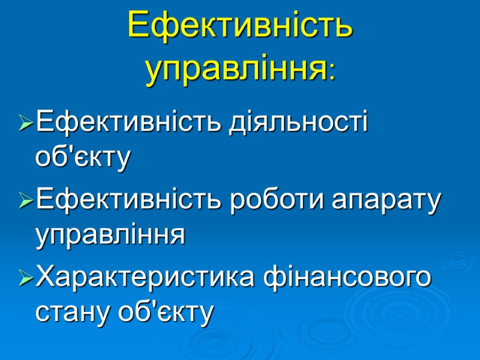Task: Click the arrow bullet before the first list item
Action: pos(26,125)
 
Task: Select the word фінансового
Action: pos(350,278)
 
